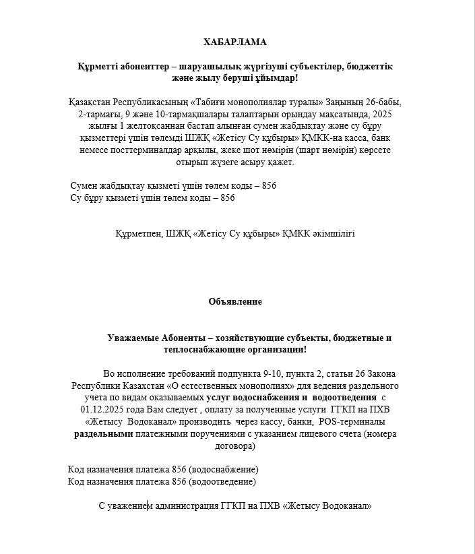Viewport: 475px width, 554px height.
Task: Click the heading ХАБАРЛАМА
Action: click(x=235, y=42)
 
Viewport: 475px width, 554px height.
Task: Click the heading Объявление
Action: click(x=235, y=301)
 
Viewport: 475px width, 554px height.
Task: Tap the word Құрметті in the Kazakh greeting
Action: click(x=98, y=67)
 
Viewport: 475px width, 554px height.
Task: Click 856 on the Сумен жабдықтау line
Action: click(x=268, y=185)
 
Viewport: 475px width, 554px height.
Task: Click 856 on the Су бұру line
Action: click(x=228, y=197)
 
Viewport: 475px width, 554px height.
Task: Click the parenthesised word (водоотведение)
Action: click(x=223, y=481)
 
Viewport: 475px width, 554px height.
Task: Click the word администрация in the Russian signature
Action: click(x=186, y=505)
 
